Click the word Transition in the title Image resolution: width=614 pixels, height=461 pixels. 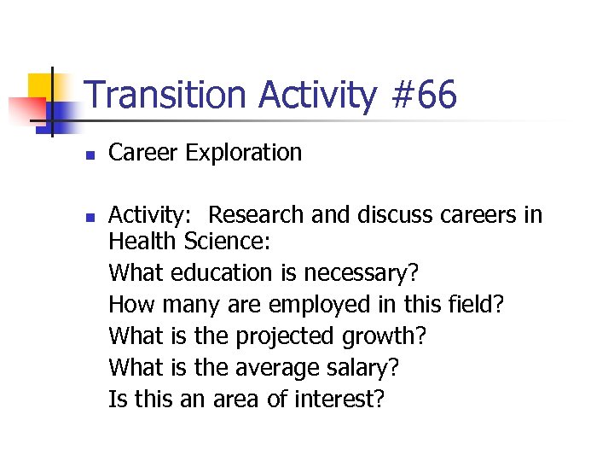167,96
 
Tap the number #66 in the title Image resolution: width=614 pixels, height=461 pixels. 425,96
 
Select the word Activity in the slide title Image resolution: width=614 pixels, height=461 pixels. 318,96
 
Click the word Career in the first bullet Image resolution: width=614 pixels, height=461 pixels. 143,154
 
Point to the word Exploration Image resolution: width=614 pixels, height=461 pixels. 243,154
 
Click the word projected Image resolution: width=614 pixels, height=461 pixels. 284,336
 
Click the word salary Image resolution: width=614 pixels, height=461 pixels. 363,367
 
